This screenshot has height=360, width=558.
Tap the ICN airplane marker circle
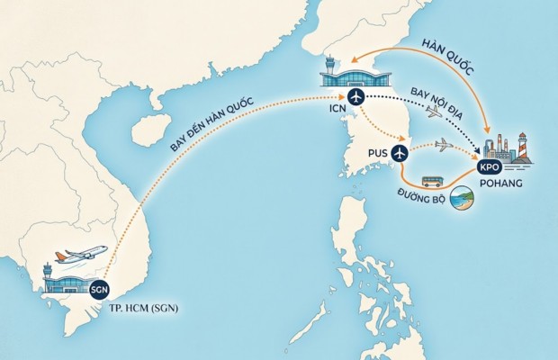pyautogui.click(x=355, y=97)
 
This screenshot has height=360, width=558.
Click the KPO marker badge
pyautogui.click(x=489, y=167)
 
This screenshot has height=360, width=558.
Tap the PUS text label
pyautogui.click(x=379, y=154)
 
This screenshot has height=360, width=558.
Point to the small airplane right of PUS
pyautogui.click(x=445, y=145)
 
